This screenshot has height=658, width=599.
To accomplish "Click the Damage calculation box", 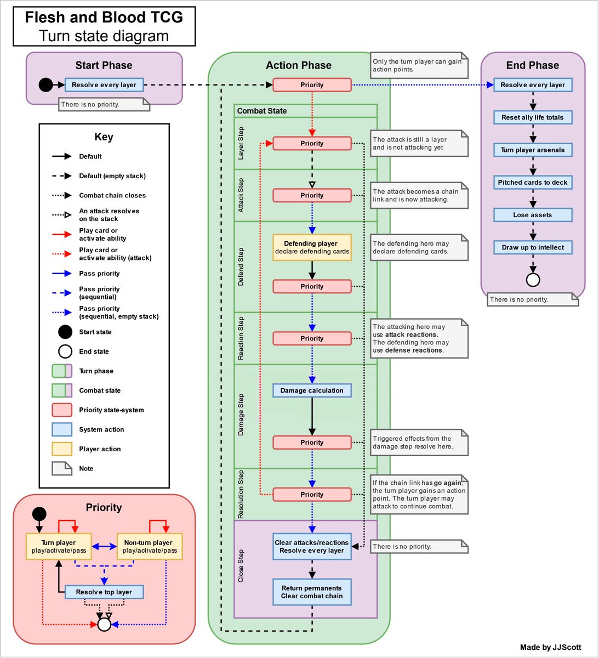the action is coord(312,390).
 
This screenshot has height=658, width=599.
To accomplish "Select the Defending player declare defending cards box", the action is coord(312,247).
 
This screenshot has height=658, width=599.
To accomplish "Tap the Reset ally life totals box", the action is coord(533,117).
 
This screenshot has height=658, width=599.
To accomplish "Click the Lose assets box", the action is coord(533,215).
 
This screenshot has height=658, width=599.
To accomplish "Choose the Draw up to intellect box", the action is coord(533,247).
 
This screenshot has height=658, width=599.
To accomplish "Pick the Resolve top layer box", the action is coord(104,592).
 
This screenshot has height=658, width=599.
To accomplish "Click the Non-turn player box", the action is coord(150,546).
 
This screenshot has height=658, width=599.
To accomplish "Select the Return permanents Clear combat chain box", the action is coord(312,592).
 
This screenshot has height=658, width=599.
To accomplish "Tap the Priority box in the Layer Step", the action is coord(312,143).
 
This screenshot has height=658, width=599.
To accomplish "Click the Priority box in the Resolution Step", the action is coord(312,494).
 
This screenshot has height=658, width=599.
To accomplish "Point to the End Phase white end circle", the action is coord(533,280).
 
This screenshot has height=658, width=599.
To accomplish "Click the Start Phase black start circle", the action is coord(45,85).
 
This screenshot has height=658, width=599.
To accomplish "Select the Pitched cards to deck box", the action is coord(533,183).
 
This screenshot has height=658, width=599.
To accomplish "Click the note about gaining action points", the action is coord(419,65).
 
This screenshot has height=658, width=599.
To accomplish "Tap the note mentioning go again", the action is coord(419,494).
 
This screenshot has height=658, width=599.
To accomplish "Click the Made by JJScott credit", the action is coord(550,647).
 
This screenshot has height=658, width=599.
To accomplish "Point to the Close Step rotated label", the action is coord(241,566).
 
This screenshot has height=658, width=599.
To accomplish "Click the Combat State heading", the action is coord(261,111).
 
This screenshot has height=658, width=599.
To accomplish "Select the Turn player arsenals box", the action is coord(533,150).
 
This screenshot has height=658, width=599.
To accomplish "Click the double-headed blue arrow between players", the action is coord(104,547).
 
